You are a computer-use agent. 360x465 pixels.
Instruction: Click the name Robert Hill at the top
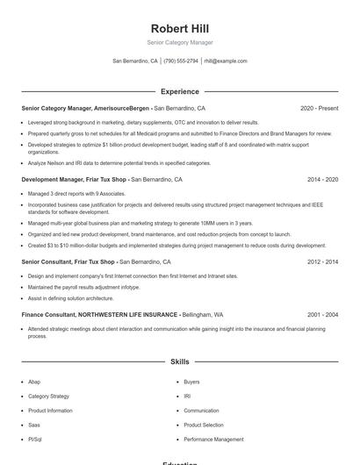click(179, 28)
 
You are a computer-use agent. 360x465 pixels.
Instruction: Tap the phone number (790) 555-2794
click(181, 61)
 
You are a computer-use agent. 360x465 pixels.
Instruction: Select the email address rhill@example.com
click(226, 61)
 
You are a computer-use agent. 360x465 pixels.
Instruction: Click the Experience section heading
click(179, 91)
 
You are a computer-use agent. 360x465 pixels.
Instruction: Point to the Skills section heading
click(179, 361)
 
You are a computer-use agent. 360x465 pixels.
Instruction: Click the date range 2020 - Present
click(319, 108)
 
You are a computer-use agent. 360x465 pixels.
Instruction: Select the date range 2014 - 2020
click(322, 179)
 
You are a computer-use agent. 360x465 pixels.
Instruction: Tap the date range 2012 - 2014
click(322, 261)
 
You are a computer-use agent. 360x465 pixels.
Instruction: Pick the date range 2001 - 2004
click(322, 313)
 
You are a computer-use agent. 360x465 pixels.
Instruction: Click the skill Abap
click(34, 382)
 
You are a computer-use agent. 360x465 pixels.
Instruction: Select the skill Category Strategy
click(48, 396)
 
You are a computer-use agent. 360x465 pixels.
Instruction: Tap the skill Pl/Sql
click(35, 438)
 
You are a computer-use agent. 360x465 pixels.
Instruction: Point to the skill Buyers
click(191, 382)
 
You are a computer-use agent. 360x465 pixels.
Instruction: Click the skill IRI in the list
click(187, 396)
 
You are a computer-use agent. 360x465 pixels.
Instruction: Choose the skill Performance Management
click(213, 438)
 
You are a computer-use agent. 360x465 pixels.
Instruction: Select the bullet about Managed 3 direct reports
click(66, 193)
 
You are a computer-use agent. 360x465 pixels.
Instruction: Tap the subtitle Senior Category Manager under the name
click(179, 42)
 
